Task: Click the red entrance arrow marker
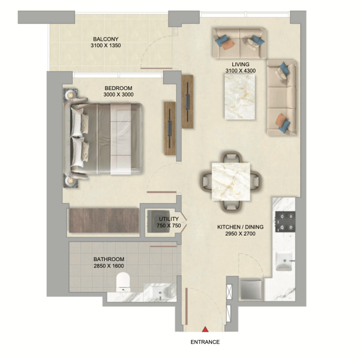tap(205, 329)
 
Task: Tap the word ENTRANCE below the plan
tap(205, 342)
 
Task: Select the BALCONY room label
tap(105, 39)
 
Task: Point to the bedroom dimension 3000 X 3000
tap(118, 95)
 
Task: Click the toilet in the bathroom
tap(123, 281)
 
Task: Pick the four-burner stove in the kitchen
tap(285, 222)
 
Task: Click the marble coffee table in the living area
tap(240, 97)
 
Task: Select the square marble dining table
tap(231, 181)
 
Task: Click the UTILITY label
tap(169, 219)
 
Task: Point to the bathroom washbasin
tap(160, 292)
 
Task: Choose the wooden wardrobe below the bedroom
tap(104, 220)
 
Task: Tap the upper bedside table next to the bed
tap(70, 95)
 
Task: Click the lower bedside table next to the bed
tap(70, 181)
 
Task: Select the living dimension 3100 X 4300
tap(240, 71)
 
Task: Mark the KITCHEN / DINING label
tap(240, 227)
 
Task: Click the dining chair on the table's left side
tap(206, 181)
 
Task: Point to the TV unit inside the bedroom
tap(170, 129)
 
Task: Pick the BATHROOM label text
tap(109, 259)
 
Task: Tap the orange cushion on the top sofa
tap(228, 44)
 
